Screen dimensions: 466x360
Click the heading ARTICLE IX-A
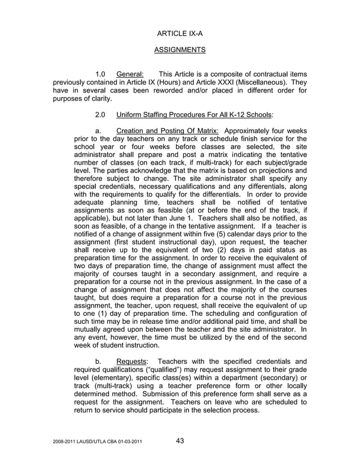tap(179, 34)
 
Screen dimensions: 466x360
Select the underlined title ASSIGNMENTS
tap(179, 50)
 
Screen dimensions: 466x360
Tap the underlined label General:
tap(130, 74)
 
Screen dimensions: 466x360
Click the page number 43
tap(180, 441)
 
